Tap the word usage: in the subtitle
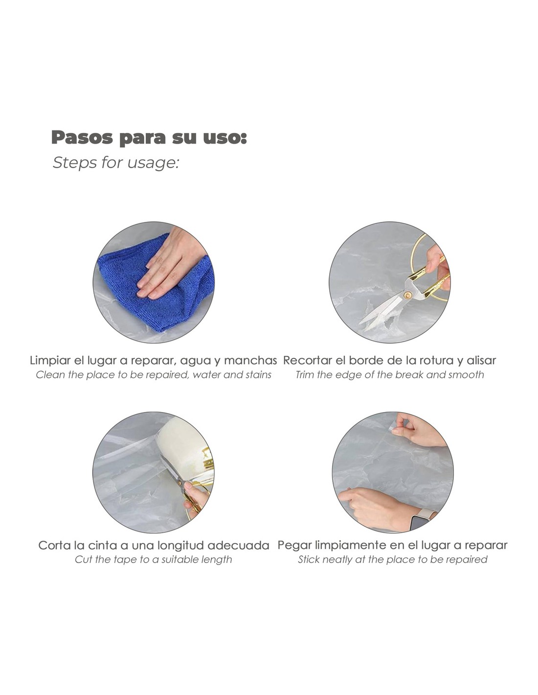(x=153, y=162)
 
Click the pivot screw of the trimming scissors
(x=407, y=295)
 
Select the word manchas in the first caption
(x=250, y=361)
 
